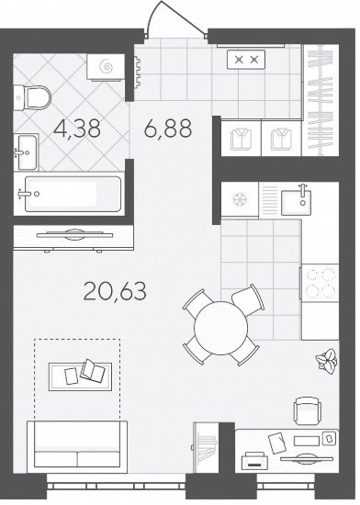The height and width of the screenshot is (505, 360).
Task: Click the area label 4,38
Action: [x=77, y=129]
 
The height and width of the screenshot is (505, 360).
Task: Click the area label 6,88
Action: [x=168, y=128]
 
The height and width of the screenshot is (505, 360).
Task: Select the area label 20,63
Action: [x=115, y=291]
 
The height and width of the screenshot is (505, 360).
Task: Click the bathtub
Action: [x=73, y=194]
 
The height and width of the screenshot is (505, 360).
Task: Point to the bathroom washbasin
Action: [x=27, y=152]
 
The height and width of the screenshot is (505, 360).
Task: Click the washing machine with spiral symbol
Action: [x=106, y=67]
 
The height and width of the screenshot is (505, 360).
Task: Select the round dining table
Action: [x=221, y=327]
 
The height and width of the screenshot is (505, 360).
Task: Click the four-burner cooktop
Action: [x=320, y=283]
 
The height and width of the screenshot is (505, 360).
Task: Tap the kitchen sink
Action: [x=297, y=202]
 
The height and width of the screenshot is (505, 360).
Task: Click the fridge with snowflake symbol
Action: [x=240, y=199]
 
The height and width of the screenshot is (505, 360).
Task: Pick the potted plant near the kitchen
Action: [x=326, y=361]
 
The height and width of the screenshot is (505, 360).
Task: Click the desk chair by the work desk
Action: [x=308, y=410]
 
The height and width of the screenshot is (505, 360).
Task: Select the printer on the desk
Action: [x=254, y=460]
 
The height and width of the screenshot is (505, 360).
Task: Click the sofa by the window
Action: [x=77, y=447]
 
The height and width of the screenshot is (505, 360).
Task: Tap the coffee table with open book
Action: [x=80, y=376]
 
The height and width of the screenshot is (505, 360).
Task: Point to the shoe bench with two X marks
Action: [x=246, y=60]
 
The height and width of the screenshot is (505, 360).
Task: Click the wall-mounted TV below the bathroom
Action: [x=73, y=235]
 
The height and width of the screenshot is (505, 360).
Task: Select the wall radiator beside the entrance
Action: [x=138, y=73]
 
